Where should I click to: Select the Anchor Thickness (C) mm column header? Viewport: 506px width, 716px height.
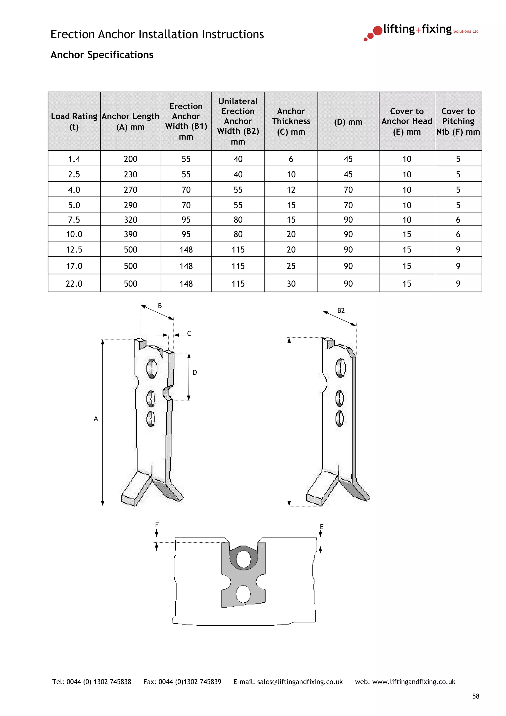tap(291, 121)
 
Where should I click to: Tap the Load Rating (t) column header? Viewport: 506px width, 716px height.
tap(74, 121)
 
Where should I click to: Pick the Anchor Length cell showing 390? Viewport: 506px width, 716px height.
tap(130, 234)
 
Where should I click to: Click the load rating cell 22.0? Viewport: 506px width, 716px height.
tap(74, 283)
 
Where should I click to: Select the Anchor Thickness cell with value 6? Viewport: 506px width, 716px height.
tap(291, 159)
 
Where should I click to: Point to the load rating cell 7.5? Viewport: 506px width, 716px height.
tap(74, 220)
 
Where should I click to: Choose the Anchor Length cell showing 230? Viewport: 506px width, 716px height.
tap(130, 174)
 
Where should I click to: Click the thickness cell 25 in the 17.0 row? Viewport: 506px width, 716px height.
tap(291, 266)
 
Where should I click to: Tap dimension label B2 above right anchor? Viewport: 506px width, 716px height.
tap(341, 311)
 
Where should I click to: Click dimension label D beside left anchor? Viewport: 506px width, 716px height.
tap(195, 372)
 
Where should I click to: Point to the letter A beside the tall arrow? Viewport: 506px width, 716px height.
tap(96, 419)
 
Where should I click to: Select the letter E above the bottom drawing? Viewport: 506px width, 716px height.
tap(321, 527)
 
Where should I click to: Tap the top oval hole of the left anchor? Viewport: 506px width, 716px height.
tap(152, 369)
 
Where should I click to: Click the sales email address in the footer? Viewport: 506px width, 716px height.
tap(300, 682)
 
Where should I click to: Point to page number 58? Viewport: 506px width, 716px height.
tap(475, 696)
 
